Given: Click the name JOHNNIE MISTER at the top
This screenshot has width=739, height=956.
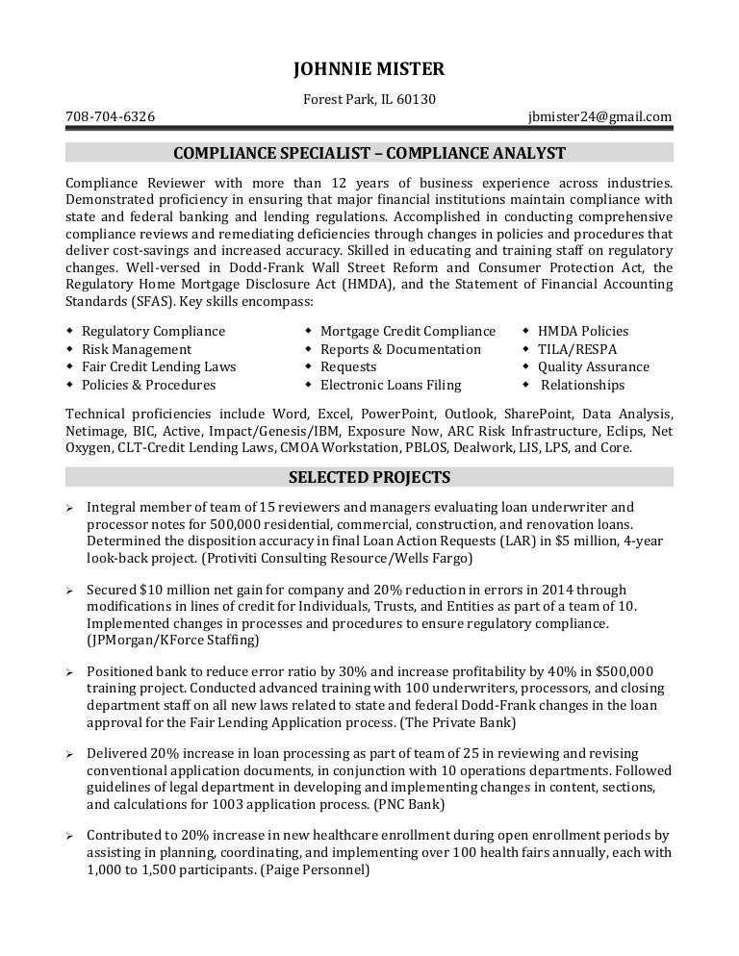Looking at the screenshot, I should [x=369, y=68].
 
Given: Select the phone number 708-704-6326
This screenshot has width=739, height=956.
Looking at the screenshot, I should [x=110, y=116].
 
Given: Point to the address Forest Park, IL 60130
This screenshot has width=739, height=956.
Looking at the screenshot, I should [x=369, y=98].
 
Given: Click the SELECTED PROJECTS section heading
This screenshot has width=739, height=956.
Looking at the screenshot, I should [x=369, y=477].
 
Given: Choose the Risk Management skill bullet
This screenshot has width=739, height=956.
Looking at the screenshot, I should [x=137, y=349].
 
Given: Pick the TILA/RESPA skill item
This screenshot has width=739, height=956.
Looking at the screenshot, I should [x=577, y=349].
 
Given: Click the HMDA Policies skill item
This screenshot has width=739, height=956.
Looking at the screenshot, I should [x=583, y=331].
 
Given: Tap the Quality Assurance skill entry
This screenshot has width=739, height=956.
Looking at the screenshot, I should [x=594, y=366].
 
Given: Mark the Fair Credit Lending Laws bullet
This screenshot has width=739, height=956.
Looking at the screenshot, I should [x=159, y=366].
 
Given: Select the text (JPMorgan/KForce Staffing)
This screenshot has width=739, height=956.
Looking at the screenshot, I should [x=172, y=641].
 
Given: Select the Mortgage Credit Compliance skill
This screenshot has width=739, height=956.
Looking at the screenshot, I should [x=408, y=331].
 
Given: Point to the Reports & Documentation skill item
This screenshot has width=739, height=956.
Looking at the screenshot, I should [x=400, y=349].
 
